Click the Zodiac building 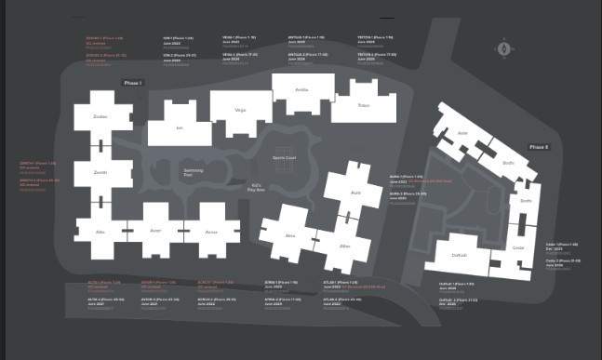[x=100, y=117]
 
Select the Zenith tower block [x=100, y=174]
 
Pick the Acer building [x=155, y=232]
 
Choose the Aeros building [x=211, y=232]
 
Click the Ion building [x=180, y=127]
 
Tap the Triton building [x=364, y=105]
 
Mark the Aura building [x=355, y=193]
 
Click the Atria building [x=290, y=236]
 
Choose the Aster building [x=462, y=134]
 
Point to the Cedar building [x=518, y=247]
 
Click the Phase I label [x=132, y=84]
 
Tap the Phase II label [x=539, y=147]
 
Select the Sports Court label [x=284, y=158]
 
